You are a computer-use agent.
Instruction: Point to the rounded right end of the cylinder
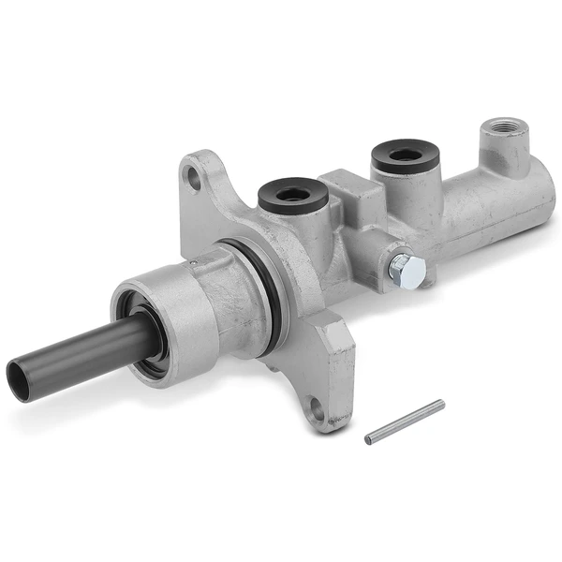pos(539,201)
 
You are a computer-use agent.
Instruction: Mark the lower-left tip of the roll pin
pos(369,437)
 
